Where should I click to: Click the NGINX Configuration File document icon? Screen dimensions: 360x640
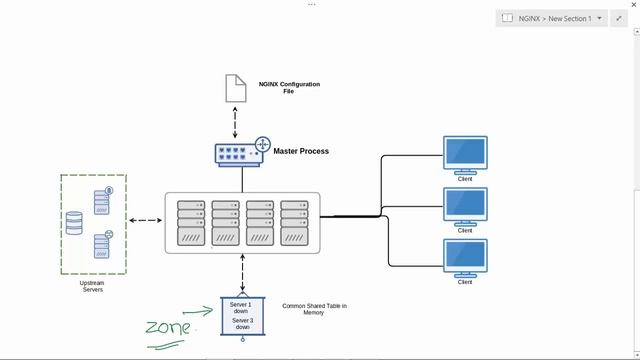pos(235,87)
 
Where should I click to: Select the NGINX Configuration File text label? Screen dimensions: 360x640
pos(288,87)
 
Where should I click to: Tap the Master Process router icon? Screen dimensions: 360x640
pos(241,152)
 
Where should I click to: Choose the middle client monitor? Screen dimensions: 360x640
pos(465,205)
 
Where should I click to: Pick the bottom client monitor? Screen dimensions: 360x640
pos(465,257)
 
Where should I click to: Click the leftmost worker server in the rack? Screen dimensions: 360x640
pos(191,224)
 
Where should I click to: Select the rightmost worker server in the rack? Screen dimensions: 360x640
pos(295,224)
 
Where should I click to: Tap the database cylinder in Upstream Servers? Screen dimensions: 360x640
pos(75,223)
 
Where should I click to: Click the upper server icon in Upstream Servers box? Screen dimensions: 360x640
pos(102,200)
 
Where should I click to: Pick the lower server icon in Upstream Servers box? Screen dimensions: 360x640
pos(102,245)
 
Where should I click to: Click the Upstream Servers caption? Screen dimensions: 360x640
pos(91,287)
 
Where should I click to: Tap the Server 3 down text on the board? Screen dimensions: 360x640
pos(241,325)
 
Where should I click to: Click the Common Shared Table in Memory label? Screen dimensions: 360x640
pos(314,309)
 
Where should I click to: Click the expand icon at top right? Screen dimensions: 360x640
pos(619,18)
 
